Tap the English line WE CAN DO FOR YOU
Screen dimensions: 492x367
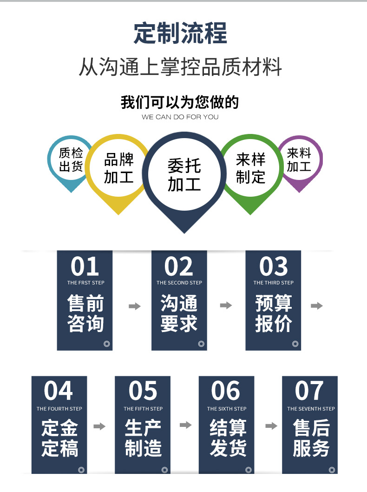click(180, 117)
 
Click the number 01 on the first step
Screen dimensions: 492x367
click(85, 266)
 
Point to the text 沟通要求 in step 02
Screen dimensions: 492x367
click(179, 313)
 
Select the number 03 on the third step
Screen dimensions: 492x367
click(273, 266)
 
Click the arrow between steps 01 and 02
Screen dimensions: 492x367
click(135, 306)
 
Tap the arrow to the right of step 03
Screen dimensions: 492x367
click(317, 306)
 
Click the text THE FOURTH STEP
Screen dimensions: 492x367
click(59, 409)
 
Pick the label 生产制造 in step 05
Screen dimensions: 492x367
click(143, 438)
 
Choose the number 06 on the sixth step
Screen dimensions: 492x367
click(226, 391)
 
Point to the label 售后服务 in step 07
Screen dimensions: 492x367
click(311, 438)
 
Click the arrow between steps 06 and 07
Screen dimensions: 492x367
click(271, 426)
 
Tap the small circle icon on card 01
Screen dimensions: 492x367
click(107, 344)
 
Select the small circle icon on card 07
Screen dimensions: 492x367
click(332, 470)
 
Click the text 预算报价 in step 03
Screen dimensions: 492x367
click(274, 313)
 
